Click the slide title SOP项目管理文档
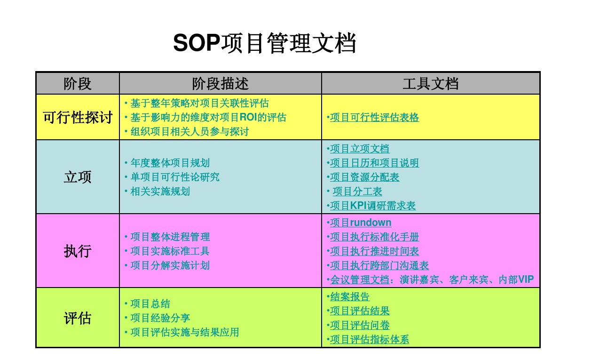(264, 44)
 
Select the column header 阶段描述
(220, 84)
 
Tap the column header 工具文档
(430, 84)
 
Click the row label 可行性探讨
(78, 117)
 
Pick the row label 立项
(78, 177)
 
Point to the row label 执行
(78, 251)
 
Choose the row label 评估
(78, 318)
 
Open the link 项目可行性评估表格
(374, 118)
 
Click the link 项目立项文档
(360, 149)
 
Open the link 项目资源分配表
(364, 177)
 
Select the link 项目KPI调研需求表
(373, 206)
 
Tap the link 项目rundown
(361, 223)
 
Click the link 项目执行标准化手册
(374, 237)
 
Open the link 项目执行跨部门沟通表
(379, 266)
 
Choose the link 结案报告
(350, 297)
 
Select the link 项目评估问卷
(360, 325)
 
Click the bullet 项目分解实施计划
(170, 265)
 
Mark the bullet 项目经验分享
(160, 318)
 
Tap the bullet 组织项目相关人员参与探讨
(189, 132)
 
